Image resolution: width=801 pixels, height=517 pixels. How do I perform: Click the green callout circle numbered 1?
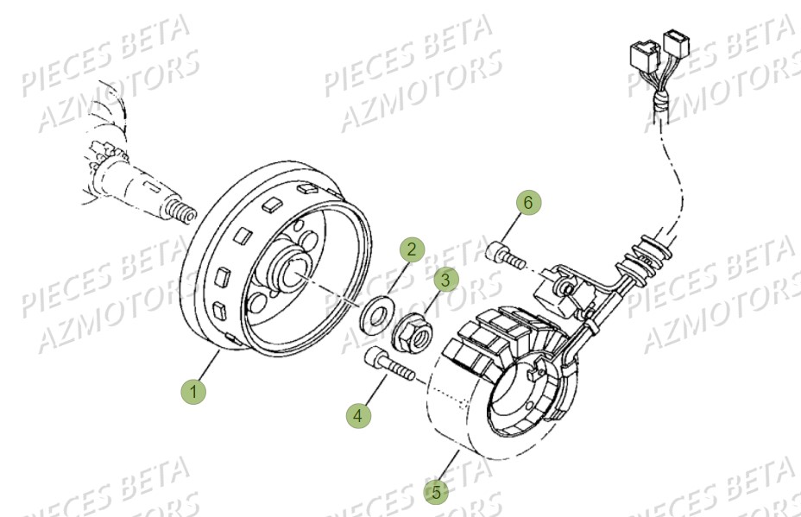[x=193, y=392]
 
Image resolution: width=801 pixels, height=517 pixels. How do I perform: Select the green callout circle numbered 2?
[x=412, y=250]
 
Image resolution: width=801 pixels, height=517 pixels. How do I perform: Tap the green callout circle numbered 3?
[x=445, y=280]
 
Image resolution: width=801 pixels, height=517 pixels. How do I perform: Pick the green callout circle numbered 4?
[x=358, y=415]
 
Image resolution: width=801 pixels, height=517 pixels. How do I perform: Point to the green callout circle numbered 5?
[x=437, y=493]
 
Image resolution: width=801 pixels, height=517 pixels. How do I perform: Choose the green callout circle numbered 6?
[x=530, y=203]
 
